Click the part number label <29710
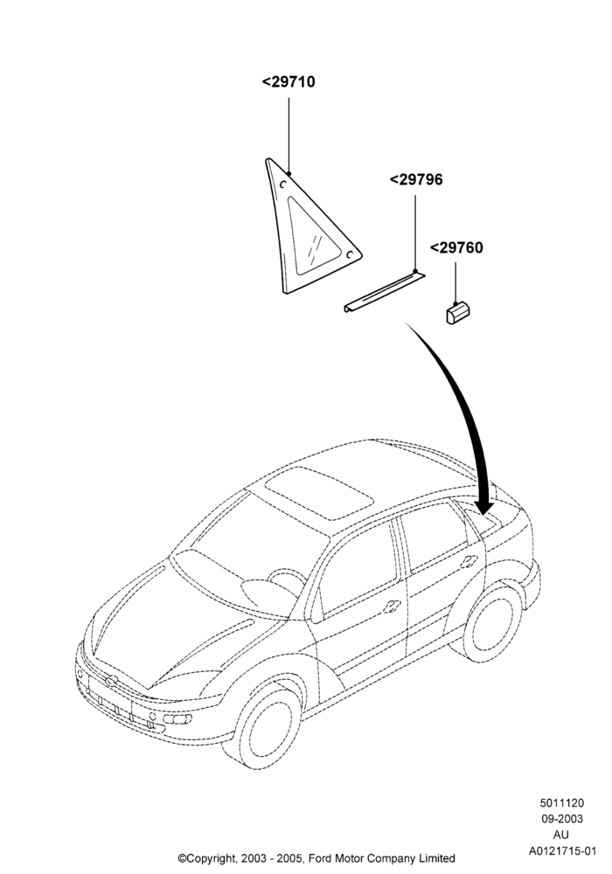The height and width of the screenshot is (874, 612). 289,82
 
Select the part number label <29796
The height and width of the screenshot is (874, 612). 416,179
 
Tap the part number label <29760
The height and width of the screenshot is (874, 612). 456,247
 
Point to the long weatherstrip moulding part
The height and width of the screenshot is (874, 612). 384,292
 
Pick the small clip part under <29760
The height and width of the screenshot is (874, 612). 458,312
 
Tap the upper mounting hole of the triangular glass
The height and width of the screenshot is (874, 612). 283,183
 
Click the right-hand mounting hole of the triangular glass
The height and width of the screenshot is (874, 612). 350,254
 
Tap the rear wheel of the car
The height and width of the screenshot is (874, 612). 490,622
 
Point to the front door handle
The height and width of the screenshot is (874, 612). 393,607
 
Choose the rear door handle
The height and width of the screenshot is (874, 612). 469,562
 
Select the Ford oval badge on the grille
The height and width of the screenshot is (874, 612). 111,681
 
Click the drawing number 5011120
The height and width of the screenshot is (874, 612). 562,803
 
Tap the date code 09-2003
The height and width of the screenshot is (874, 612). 562,819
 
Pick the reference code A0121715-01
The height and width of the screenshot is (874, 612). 562,851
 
